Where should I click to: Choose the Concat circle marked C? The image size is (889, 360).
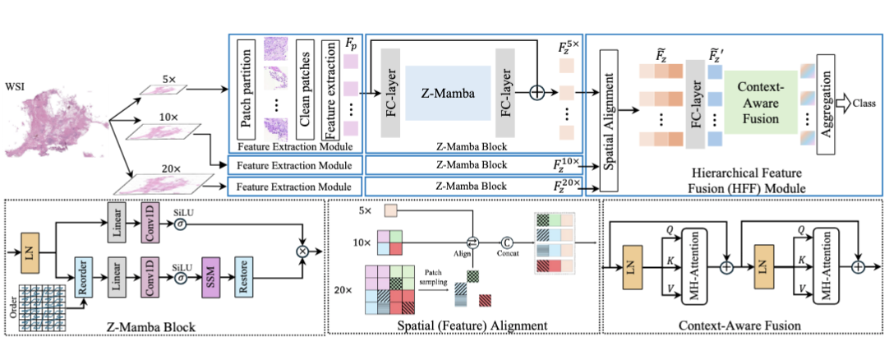(507, 243)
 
